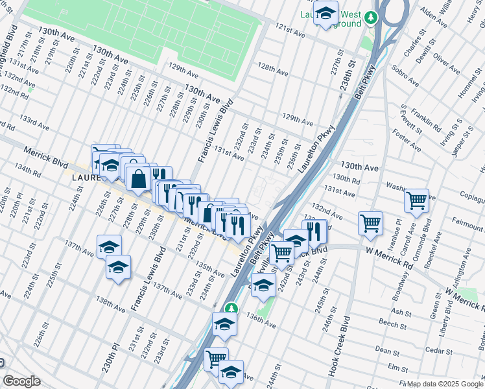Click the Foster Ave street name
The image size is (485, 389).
411,138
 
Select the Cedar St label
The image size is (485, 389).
440,351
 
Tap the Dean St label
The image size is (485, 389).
386,351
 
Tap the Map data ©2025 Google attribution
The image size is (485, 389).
445,384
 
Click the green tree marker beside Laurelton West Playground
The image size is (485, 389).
371,18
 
